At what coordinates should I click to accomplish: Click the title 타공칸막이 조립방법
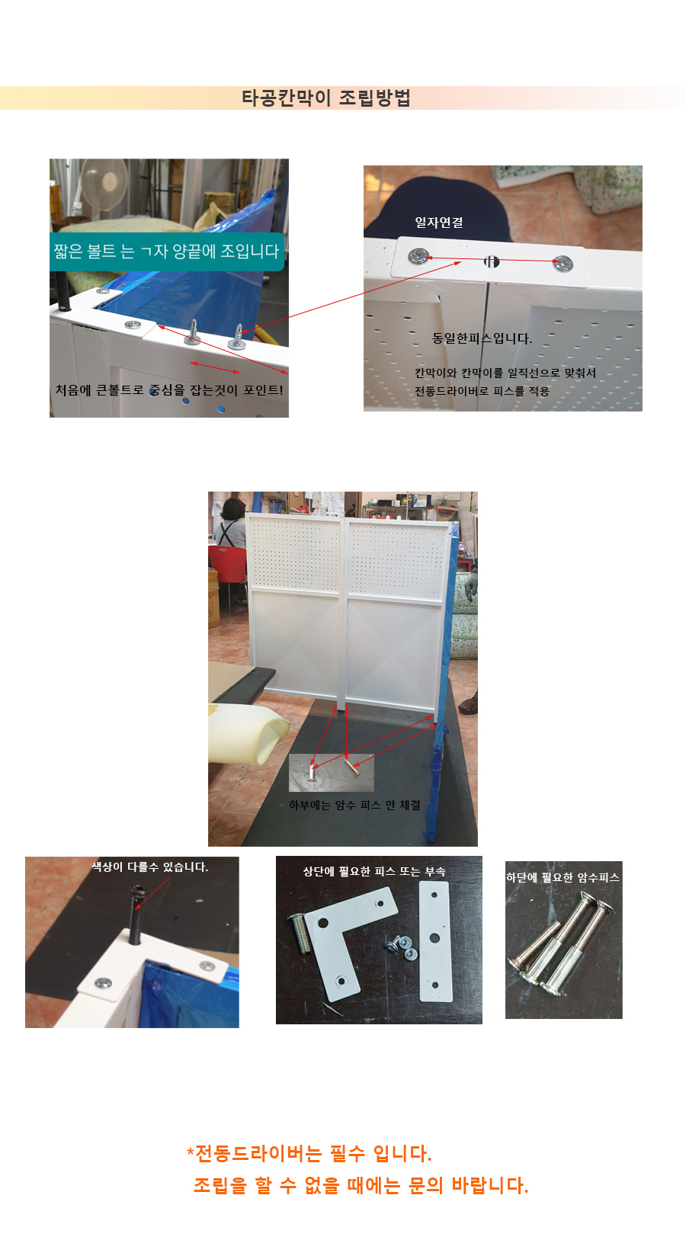tap(325, 98)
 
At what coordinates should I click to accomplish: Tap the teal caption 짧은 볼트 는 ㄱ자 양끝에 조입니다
tap(166, 252)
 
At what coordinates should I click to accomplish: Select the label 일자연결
tap(439, 223)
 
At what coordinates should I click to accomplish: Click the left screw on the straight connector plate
tap(418, 256)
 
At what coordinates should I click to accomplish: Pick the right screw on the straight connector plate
tap(563, 264)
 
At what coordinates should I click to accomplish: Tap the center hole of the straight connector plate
tap(491, 261)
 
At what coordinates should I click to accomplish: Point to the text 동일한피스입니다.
tap(482, 338)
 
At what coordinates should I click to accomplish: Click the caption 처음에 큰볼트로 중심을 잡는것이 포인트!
tap(169, 390)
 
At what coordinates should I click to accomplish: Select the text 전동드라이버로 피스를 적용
tap(482, 391)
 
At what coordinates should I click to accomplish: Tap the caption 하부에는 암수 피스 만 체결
tap(354, 805)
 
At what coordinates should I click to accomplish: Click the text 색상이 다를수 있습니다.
tap(150, 867)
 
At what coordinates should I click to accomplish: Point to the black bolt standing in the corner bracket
tap(136, 914)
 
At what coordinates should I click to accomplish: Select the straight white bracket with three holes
tap(434, 942)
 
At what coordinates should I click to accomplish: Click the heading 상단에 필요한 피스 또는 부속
tap(374, 871)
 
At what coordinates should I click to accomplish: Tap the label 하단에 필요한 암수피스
tap(563, 877)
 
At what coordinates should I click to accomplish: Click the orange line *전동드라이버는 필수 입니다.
tap(309, 1154)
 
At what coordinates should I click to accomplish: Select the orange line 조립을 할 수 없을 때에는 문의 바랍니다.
tap(361, 1186)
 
